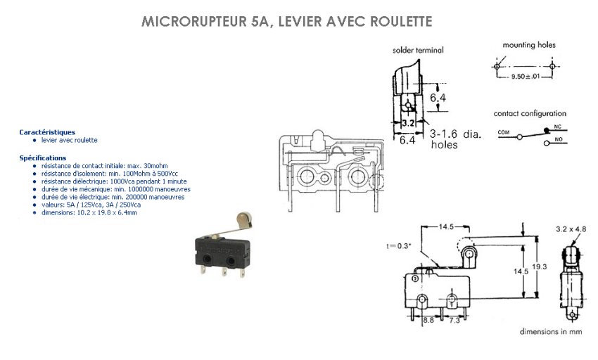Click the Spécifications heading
(x=43, y=158)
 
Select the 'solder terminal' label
(x=418, y=50)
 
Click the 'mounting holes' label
(x=529, y=45)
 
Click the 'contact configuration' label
(x=530, y=113)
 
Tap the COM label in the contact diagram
(x=504, y=131)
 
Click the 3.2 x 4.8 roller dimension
(x=571, y=229)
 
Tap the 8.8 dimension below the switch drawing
(x=428, y=320)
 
